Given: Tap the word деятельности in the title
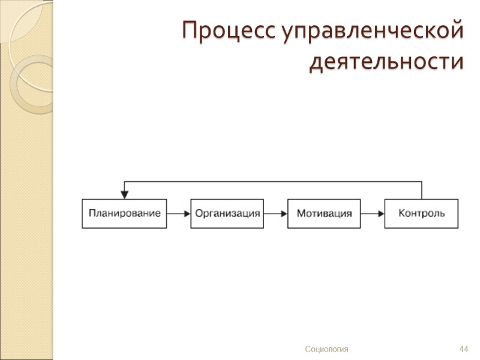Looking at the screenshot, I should click(386, 61).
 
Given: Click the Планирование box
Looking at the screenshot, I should click(125, 214).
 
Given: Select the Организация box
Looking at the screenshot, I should click(227, 214).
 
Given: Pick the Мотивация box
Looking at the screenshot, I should click(324, 214).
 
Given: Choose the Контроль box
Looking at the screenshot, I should click(421, 214).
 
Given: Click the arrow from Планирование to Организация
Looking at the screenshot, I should click(179, 214).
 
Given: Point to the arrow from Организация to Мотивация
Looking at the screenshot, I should click(275, 214).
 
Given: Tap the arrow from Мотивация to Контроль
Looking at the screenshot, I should click(373, 214).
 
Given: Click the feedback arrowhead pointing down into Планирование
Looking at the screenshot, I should click(125, 194).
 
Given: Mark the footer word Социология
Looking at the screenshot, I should click(326, 349).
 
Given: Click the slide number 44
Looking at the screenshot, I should click(463, 349).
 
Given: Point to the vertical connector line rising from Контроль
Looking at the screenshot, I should click(422, 190).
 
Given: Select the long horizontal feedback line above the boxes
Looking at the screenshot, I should click(273, 181).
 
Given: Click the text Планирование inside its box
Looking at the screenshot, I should click(125, 214).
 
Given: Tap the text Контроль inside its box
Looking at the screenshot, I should click(421, 214).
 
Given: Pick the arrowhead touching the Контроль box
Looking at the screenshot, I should click(380, 214).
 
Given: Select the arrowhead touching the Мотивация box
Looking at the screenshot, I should click(284, 214).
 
